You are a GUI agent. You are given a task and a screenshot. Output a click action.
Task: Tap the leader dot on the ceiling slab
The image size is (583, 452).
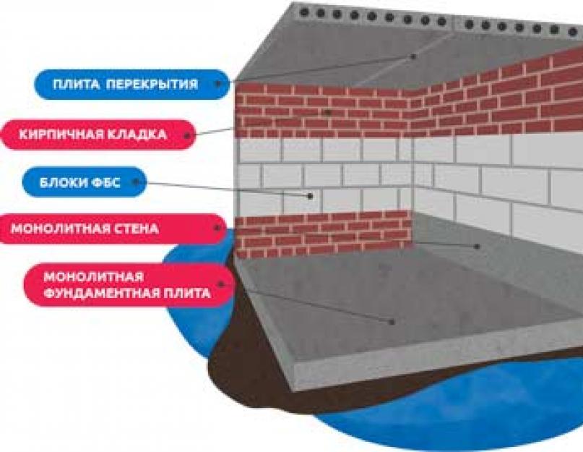414,56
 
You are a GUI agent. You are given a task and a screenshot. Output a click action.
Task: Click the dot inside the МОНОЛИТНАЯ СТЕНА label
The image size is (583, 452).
217,229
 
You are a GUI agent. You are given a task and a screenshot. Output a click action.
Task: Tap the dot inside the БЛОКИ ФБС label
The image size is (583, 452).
137,182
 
